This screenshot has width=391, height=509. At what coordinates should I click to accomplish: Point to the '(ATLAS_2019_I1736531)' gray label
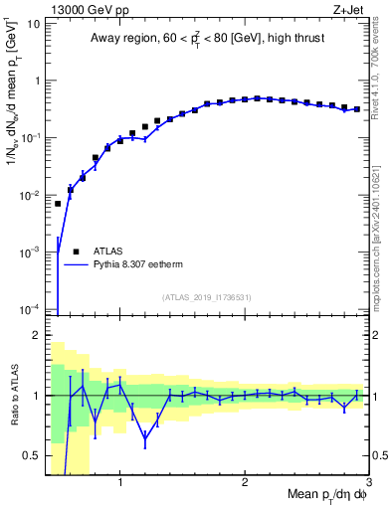pyautogui.click(x=208, y=297)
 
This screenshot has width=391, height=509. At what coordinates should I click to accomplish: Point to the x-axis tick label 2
pyautogui.click(x=245, y=482)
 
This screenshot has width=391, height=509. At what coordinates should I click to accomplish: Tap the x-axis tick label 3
pyautogui.click(x=368, y=482)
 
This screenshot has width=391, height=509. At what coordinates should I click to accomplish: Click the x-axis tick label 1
pyautogui.click(x=120, y=482)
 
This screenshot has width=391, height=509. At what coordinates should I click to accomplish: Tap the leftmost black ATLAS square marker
pyautogui.click(x=58, y=204)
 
